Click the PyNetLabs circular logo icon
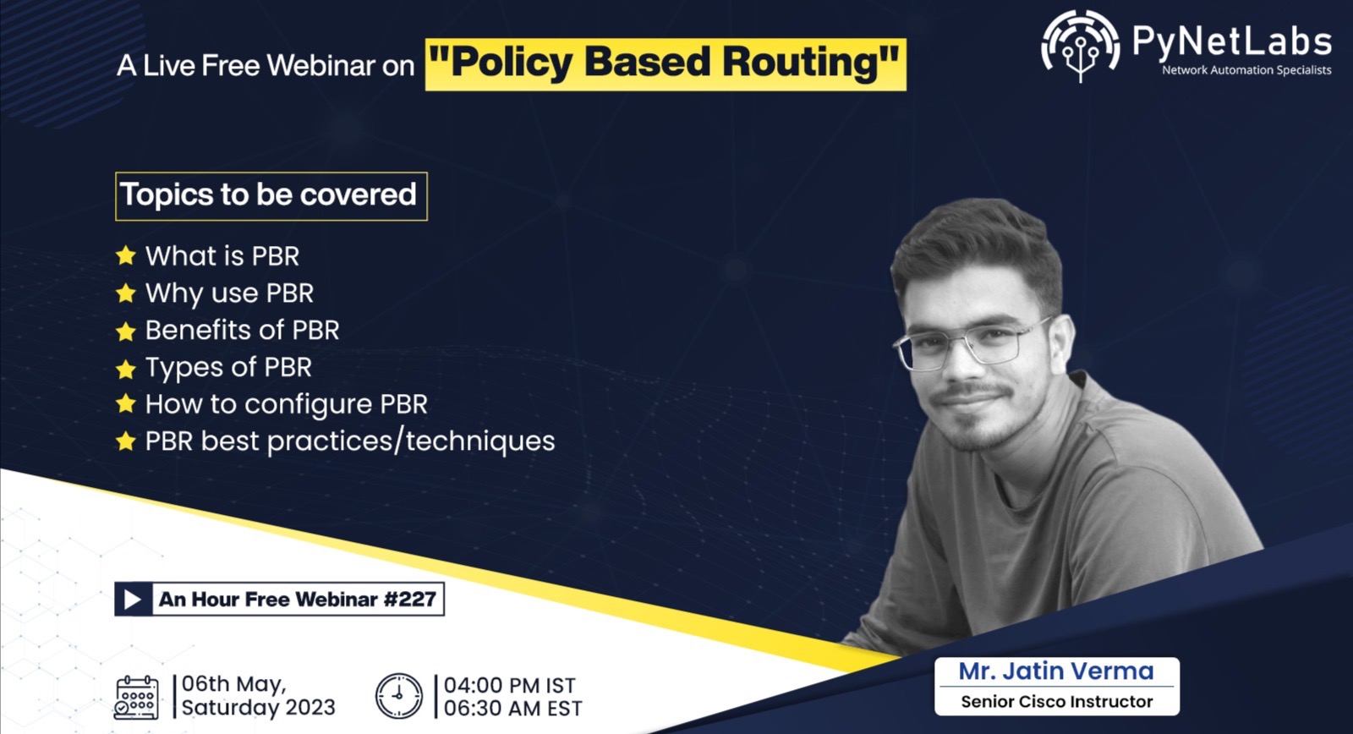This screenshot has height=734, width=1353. click(x=1080, y=45)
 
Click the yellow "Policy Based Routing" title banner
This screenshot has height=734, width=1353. click(x=666, y=63)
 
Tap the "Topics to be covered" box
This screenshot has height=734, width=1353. click(x=271, y=195)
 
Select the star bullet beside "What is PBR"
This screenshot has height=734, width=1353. click(x=126, y=255)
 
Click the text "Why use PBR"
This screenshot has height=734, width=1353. click(x=229, y=293)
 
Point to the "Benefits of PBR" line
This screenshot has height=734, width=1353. click(x=242, y=330)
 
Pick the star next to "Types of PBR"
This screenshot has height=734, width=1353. click(x=126, y=369)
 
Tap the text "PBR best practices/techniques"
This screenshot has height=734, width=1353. click(x=349, y=441)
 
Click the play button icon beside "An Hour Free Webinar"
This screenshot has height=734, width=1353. click(x=133, y=600)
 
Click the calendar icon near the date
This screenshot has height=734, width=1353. click(x=136, y=697)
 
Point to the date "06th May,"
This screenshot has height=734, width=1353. click(x=233, y=683)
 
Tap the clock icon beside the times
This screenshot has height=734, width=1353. click(x=398, y=696)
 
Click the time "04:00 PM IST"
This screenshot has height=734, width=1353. click(x=509, y=685)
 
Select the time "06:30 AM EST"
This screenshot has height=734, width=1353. click(x=512, y=709)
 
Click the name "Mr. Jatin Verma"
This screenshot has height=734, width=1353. click(x=1055, y=671)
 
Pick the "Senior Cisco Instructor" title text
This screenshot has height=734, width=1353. click(x=1056, y=702)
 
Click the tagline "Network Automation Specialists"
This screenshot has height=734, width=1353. click(x=1246, y=70)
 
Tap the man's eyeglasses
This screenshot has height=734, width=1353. click(x=972, y=342)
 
